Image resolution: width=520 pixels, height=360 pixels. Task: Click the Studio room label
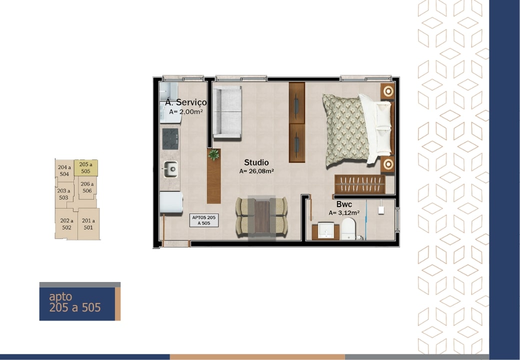[x=256, y=162]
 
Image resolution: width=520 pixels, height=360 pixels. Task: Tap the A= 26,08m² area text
[x=256, y=171]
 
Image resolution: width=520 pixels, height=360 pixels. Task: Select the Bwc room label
[x=344, y=204]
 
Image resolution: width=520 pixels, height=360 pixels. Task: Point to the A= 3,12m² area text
[x=344, y=213]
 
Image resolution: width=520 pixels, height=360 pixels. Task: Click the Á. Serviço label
[x=185, y=102]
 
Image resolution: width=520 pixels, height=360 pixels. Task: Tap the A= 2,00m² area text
[x=185, y=111]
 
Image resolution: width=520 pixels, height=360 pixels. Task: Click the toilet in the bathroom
[x=348, y=228]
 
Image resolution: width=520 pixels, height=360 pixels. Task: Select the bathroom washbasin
[x=326, y=230]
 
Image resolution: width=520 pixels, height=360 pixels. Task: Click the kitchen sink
[x=170, y=169]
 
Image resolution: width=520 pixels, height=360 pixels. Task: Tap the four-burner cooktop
[x=170, y=139]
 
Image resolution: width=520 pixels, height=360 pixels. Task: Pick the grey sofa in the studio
[x=227, y=112]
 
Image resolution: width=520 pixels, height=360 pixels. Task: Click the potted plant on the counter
[x=214, y=154]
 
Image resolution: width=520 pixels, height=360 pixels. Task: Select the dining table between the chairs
[x=262, y=217]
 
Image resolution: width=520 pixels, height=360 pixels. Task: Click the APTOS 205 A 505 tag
[x=204, y=220]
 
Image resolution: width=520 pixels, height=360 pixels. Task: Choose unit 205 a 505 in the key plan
[x=86, y=167]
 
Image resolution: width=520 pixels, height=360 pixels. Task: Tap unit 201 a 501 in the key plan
[x=88, y=224]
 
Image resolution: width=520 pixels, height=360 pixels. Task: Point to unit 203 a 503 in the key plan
[x=64, y=194]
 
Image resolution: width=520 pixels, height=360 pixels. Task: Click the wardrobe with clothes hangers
[x=360, y=184]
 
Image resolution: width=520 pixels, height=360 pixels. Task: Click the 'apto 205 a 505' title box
[x=80, y=301]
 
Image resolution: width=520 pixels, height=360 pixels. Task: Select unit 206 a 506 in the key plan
[x=87, y=187]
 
